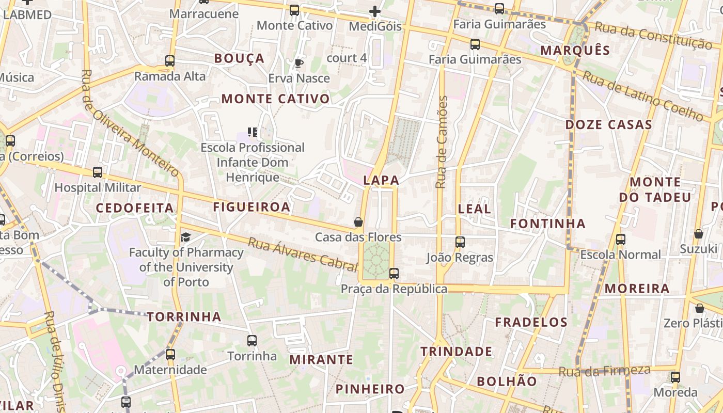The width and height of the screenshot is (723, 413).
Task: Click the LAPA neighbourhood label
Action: (381, 180)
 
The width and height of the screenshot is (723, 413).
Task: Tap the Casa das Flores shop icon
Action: (358, 222)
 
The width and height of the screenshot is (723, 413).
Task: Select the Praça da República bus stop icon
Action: (394, 273)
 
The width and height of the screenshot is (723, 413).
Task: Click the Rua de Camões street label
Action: (442, 142)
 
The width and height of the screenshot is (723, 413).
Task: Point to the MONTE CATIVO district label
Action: (275, 99)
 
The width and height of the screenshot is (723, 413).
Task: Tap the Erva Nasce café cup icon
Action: (298, 63)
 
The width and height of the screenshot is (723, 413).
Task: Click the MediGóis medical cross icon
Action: (375, 11)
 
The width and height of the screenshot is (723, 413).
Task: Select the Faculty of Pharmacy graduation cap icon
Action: (185, 237)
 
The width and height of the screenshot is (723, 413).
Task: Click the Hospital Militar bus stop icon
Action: (98, 172)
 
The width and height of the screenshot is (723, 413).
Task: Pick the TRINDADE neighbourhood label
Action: (456, 352)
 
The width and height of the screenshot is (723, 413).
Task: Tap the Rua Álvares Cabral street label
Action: (302, 254)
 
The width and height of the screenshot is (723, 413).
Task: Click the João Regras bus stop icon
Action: (460, 242)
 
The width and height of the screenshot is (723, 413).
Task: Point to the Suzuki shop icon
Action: (699, 234)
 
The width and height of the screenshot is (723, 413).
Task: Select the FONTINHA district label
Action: (548, 224)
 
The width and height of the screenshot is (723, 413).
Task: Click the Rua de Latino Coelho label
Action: (642, 97)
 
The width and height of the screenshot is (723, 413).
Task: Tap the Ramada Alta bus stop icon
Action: (170, 61)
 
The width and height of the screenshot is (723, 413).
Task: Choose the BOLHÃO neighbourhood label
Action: (507, 382)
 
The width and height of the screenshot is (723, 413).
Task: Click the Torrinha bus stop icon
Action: (252, 341)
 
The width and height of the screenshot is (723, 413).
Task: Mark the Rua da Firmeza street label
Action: (604, 371)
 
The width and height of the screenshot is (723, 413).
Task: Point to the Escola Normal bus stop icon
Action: (621, 240)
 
